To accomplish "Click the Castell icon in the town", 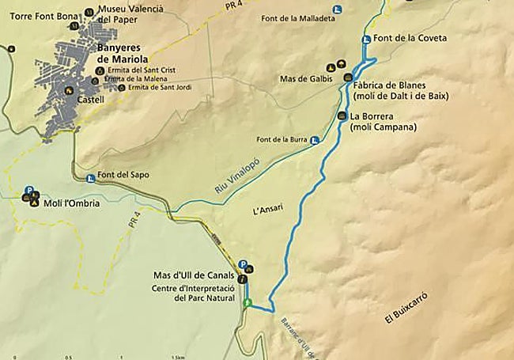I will tap(70, 90).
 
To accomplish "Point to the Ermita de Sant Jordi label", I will tap(149, 87).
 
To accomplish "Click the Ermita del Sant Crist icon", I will tap(99, 70).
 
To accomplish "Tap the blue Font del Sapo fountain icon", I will tap(91, 177).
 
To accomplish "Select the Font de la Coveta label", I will tap(410, 38).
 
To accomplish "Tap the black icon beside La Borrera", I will tap(342, 116).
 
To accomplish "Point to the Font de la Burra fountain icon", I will tap(316, 141).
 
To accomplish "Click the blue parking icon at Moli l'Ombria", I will tap(29, 191).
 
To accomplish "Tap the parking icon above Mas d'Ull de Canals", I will tap(243, 266).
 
